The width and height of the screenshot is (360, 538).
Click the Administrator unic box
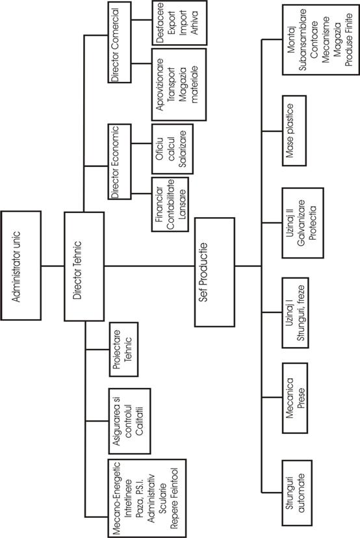click(x=21, y=266)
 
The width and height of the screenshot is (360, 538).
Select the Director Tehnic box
click(x=84, y=266)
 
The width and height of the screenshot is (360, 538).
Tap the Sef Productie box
click(x=215, y=272)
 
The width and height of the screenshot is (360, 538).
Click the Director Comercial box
click(x=120, y=42)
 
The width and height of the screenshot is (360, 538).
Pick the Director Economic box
click(x=120, y=162)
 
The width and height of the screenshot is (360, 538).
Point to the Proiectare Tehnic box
click(x=123, y=350)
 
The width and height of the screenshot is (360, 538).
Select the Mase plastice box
click(x=294, y=131)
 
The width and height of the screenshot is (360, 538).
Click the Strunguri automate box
click(x=297, y=493)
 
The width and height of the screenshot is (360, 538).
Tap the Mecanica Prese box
click(x=295, y=398)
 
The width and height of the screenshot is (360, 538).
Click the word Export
click(x=172, y=23)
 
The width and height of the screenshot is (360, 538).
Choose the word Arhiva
click(x=194, y=23)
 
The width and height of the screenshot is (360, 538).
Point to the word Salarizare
click(x=183, y=149)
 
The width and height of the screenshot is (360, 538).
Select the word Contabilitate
click(x=170, y=204)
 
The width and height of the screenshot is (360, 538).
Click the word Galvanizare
click(x=302, y=223)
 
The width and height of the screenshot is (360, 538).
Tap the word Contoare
click(x=314, y=40)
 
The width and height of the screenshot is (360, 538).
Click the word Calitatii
click(x=140, y=420)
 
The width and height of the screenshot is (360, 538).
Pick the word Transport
click(x=170, y=84)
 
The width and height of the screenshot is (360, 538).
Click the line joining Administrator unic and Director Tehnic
click(x=53, y=266)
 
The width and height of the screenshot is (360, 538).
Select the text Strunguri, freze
click(x=301, y=313)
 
